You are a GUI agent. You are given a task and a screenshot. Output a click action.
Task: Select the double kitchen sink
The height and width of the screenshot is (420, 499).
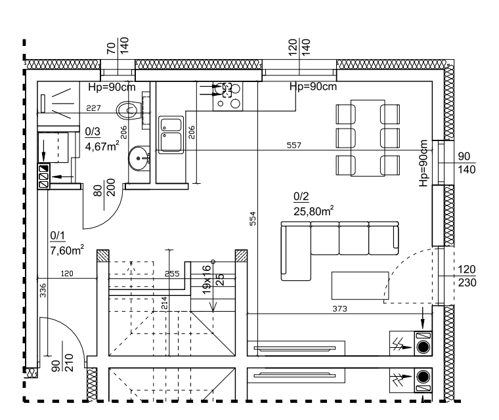click(x=171, y=133)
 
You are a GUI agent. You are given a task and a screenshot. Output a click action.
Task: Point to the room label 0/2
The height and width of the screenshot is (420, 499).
click(x=301, y=197)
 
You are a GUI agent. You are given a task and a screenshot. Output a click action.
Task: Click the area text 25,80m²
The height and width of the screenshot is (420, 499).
click(x=314, y=211)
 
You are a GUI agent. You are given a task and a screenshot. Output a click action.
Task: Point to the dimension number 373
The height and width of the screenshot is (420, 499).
click(x=340, y=308)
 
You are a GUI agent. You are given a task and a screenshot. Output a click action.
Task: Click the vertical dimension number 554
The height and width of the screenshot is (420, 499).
click(x=252, y=219)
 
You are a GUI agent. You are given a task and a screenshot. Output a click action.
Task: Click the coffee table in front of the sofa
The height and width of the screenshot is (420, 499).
click(x=357, y=286)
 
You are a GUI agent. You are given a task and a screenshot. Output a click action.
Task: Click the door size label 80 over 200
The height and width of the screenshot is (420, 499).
click(x=104, y=189)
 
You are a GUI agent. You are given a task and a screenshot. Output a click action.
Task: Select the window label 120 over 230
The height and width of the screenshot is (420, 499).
click(x=468, y=276)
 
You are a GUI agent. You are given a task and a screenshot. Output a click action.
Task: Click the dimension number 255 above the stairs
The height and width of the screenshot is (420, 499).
click(x=172, y=274)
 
